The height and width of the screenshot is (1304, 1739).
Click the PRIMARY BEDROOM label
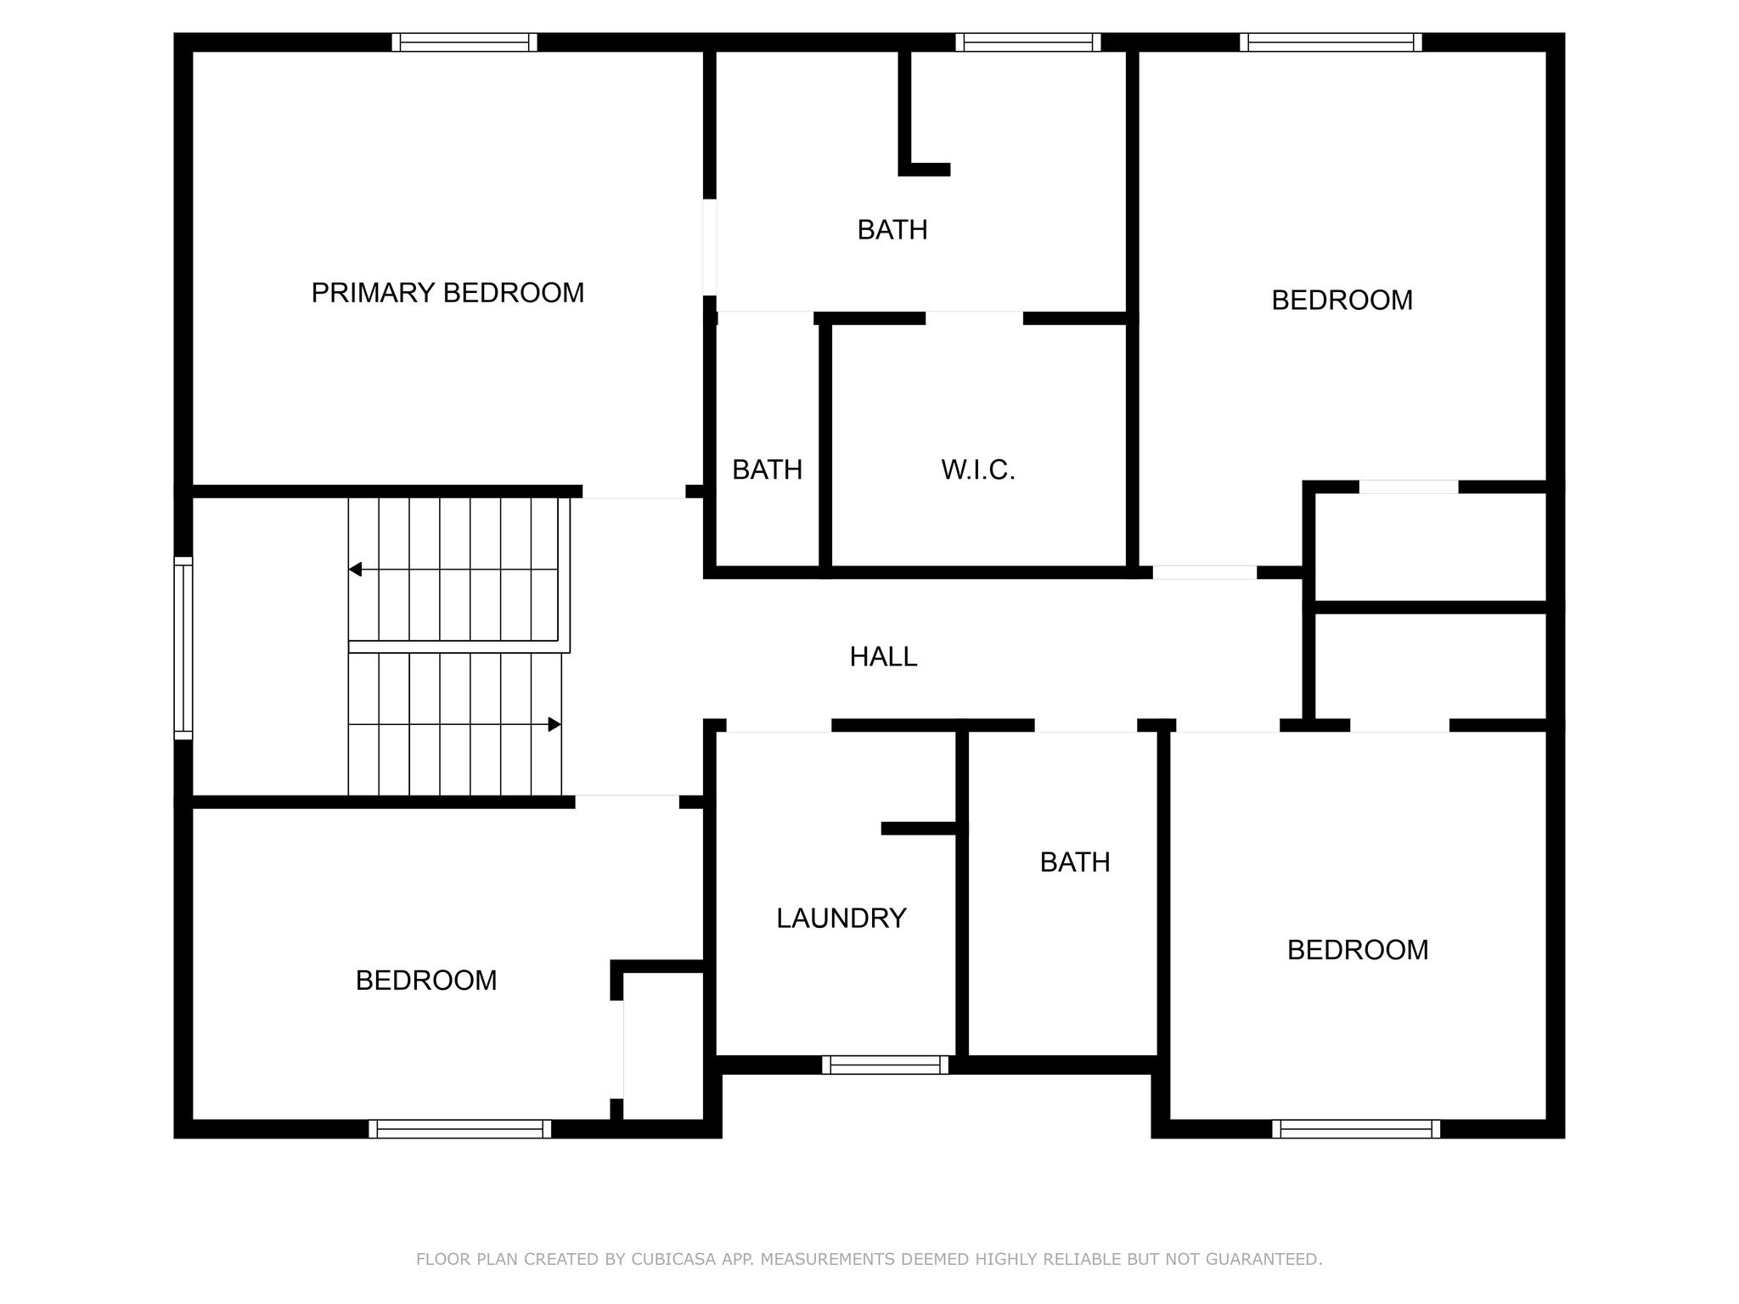[447, 293]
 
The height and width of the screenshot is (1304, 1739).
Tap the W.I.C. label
[977, 469]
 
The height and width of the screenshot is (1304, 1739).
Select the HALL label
[883, 656]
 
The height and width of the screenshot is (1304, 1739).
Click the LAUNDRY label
[841, 918]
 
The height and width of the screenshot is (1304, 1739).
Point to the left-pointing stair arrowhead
[356, 569]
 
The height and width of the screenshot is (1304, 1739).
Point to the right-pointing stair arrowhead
[554, 724]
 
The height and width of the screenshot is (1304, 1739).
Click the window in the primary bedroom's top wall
[464, 42]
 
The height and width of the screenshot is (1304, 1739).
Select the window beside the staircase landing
[183, 648]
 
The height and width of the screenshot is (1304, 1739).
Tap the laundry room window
[885, 1065]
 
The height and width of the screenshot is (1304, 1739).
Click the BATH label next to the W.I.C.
[767, 469]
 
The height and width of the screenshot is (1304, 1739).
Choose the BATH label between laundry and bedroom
[1075, 863]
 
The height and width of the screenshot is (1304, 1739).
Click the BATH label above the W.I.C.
[892, 230]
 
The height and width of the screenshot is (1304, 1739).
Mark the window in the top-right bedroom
[1331, 42]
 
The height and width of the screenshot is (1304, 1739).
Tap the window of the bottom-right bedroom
[1356, 1128]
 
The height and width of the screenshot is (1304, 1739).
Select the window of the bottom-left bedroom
[459, 1128]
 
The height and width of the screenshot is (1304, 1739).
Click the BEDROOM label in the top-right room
[1342, 301]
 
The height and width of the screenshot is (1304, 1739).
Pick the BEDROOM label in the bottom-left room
[425, 981]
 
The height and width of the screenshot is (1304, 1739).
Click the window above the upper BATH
[1027, 42]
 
